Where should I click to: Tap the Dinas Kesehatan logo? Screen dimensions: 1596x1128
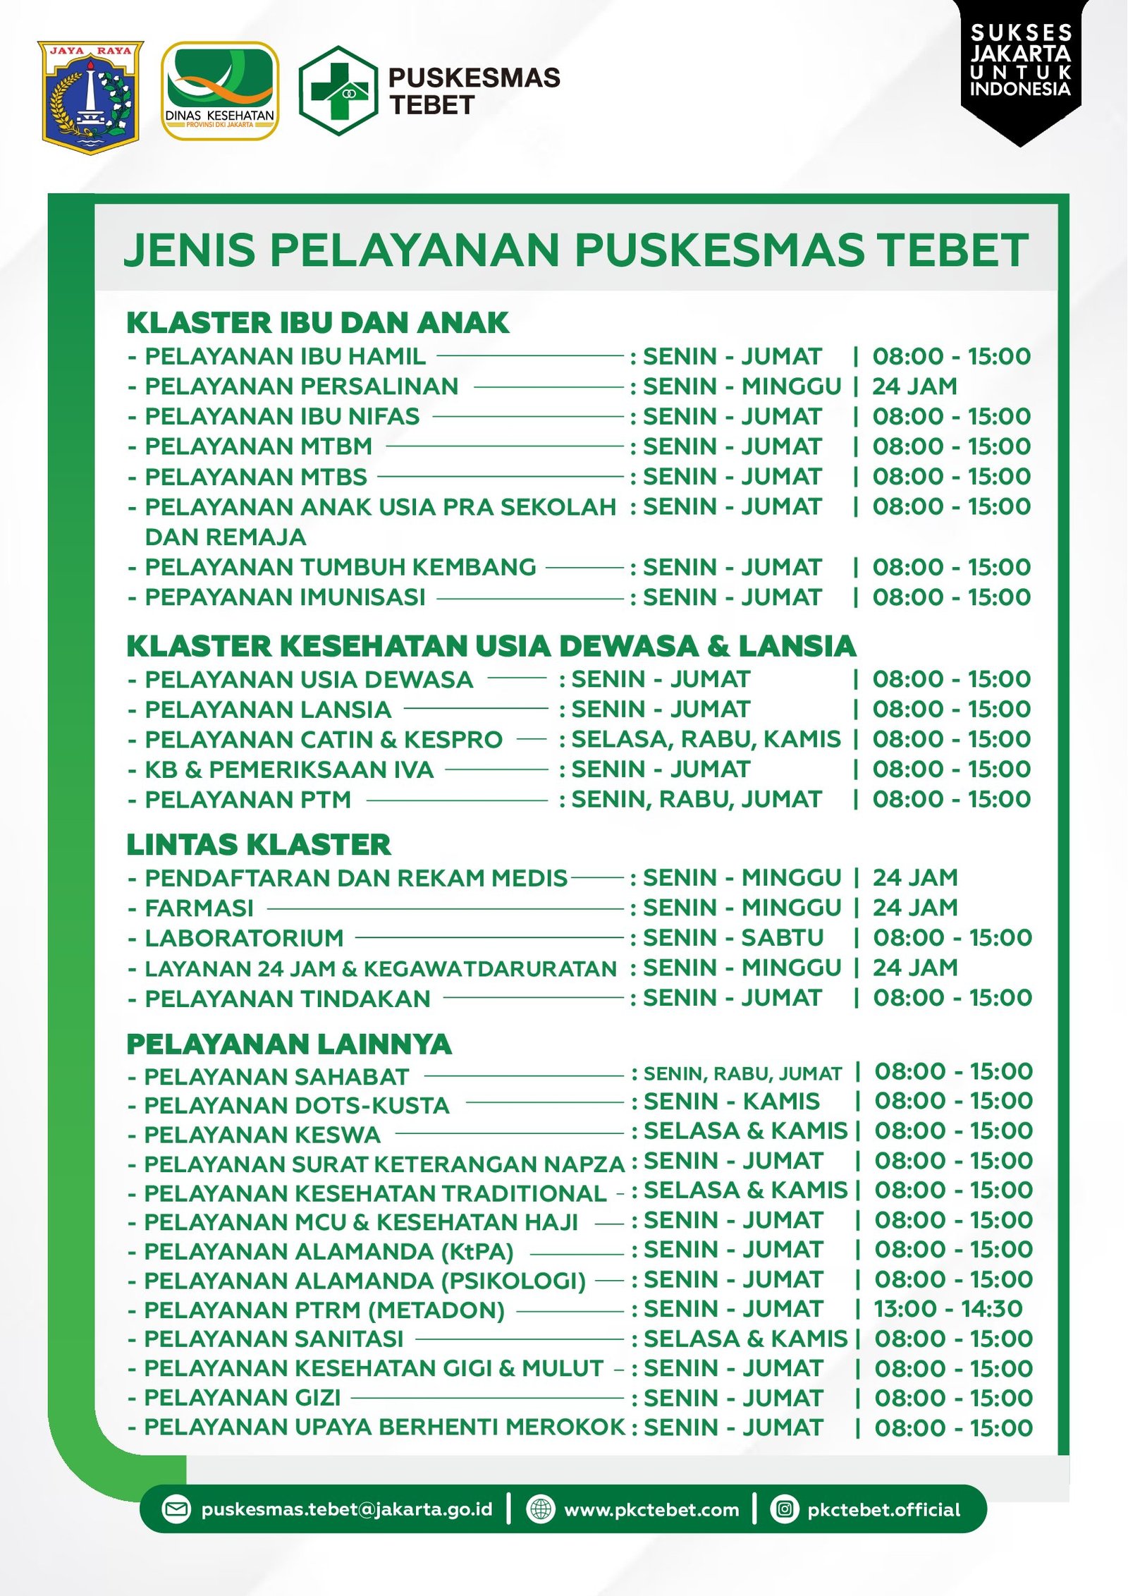(x=219, y=91)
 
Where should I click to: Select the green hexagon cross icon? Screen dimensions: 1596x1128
(x=338, y=90)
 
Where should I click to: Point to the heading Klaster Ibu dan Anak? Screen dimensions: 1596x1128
(x=317, y=323)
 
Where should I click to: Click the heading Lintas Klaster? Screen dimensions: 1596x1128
(x=259, y=845)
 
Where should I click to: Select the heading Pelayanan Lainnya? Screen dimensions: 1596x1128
(x=289, y=1044)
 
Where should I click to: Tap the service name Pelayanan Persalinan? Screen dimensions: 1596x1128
(x=302, y=386)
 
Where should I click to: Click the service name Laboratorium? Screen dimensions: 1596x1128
(x=244, y=938)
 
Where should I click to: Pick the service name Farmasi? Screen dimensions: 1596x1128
(x=200, y=908)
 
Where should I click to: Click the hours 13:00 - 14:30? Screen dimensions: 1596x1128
(x=948, y=1309)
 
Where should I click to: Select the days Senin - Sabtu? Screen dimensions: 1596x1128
(x=733, y=938)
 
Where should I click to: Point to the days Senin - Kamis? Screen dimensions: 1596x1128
(x=732, y=1102)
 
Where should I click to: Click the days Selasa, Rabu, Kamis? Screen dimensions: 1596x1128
(x=706, y=739)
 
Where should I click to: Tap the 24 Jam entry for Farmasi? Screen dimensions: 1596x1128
(x=915, y=908)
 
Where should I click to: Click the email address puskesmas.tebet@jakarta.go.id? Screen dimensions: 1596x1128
(x=346, y=1509)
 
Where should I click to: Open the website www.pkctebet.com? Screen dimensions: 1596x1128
(x=651, y=1510)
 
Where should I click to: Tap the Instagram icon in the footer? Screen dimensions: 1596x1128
(x=785, y=1509)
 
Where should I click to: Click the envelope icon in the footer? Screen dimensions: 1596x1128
(x=176, y=1509)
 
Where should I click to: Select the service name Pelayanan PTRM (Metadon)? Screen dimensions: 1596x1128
(x=324, y=1310)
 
